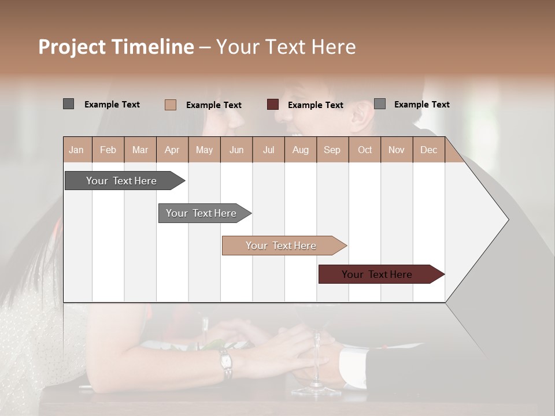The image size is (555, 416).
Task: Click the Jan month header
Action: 76,150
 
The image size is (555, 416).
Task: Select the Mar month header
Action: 140,150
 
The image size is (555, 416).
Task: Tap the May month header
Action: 204,150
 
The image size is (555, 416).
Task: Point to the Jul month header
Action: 268,150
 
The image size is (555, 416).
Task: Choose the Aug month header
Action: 300,150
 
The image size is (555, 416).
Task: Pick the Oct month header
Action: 365,150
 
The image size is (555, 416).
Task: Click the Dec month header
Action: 428,150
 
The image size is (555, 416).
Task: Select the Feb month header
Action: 108,150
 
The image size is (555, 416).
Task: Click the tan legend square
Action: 171,105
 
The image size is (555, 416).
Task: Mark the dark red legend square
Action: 273,105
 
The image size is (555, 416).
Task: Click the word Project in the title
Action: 72,47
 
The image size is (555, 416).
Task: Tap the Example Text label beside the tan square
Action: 214,105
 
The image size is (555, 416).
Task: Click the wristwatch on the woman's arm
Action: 225,362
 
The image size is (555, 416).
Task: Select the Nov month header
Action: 397,150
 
